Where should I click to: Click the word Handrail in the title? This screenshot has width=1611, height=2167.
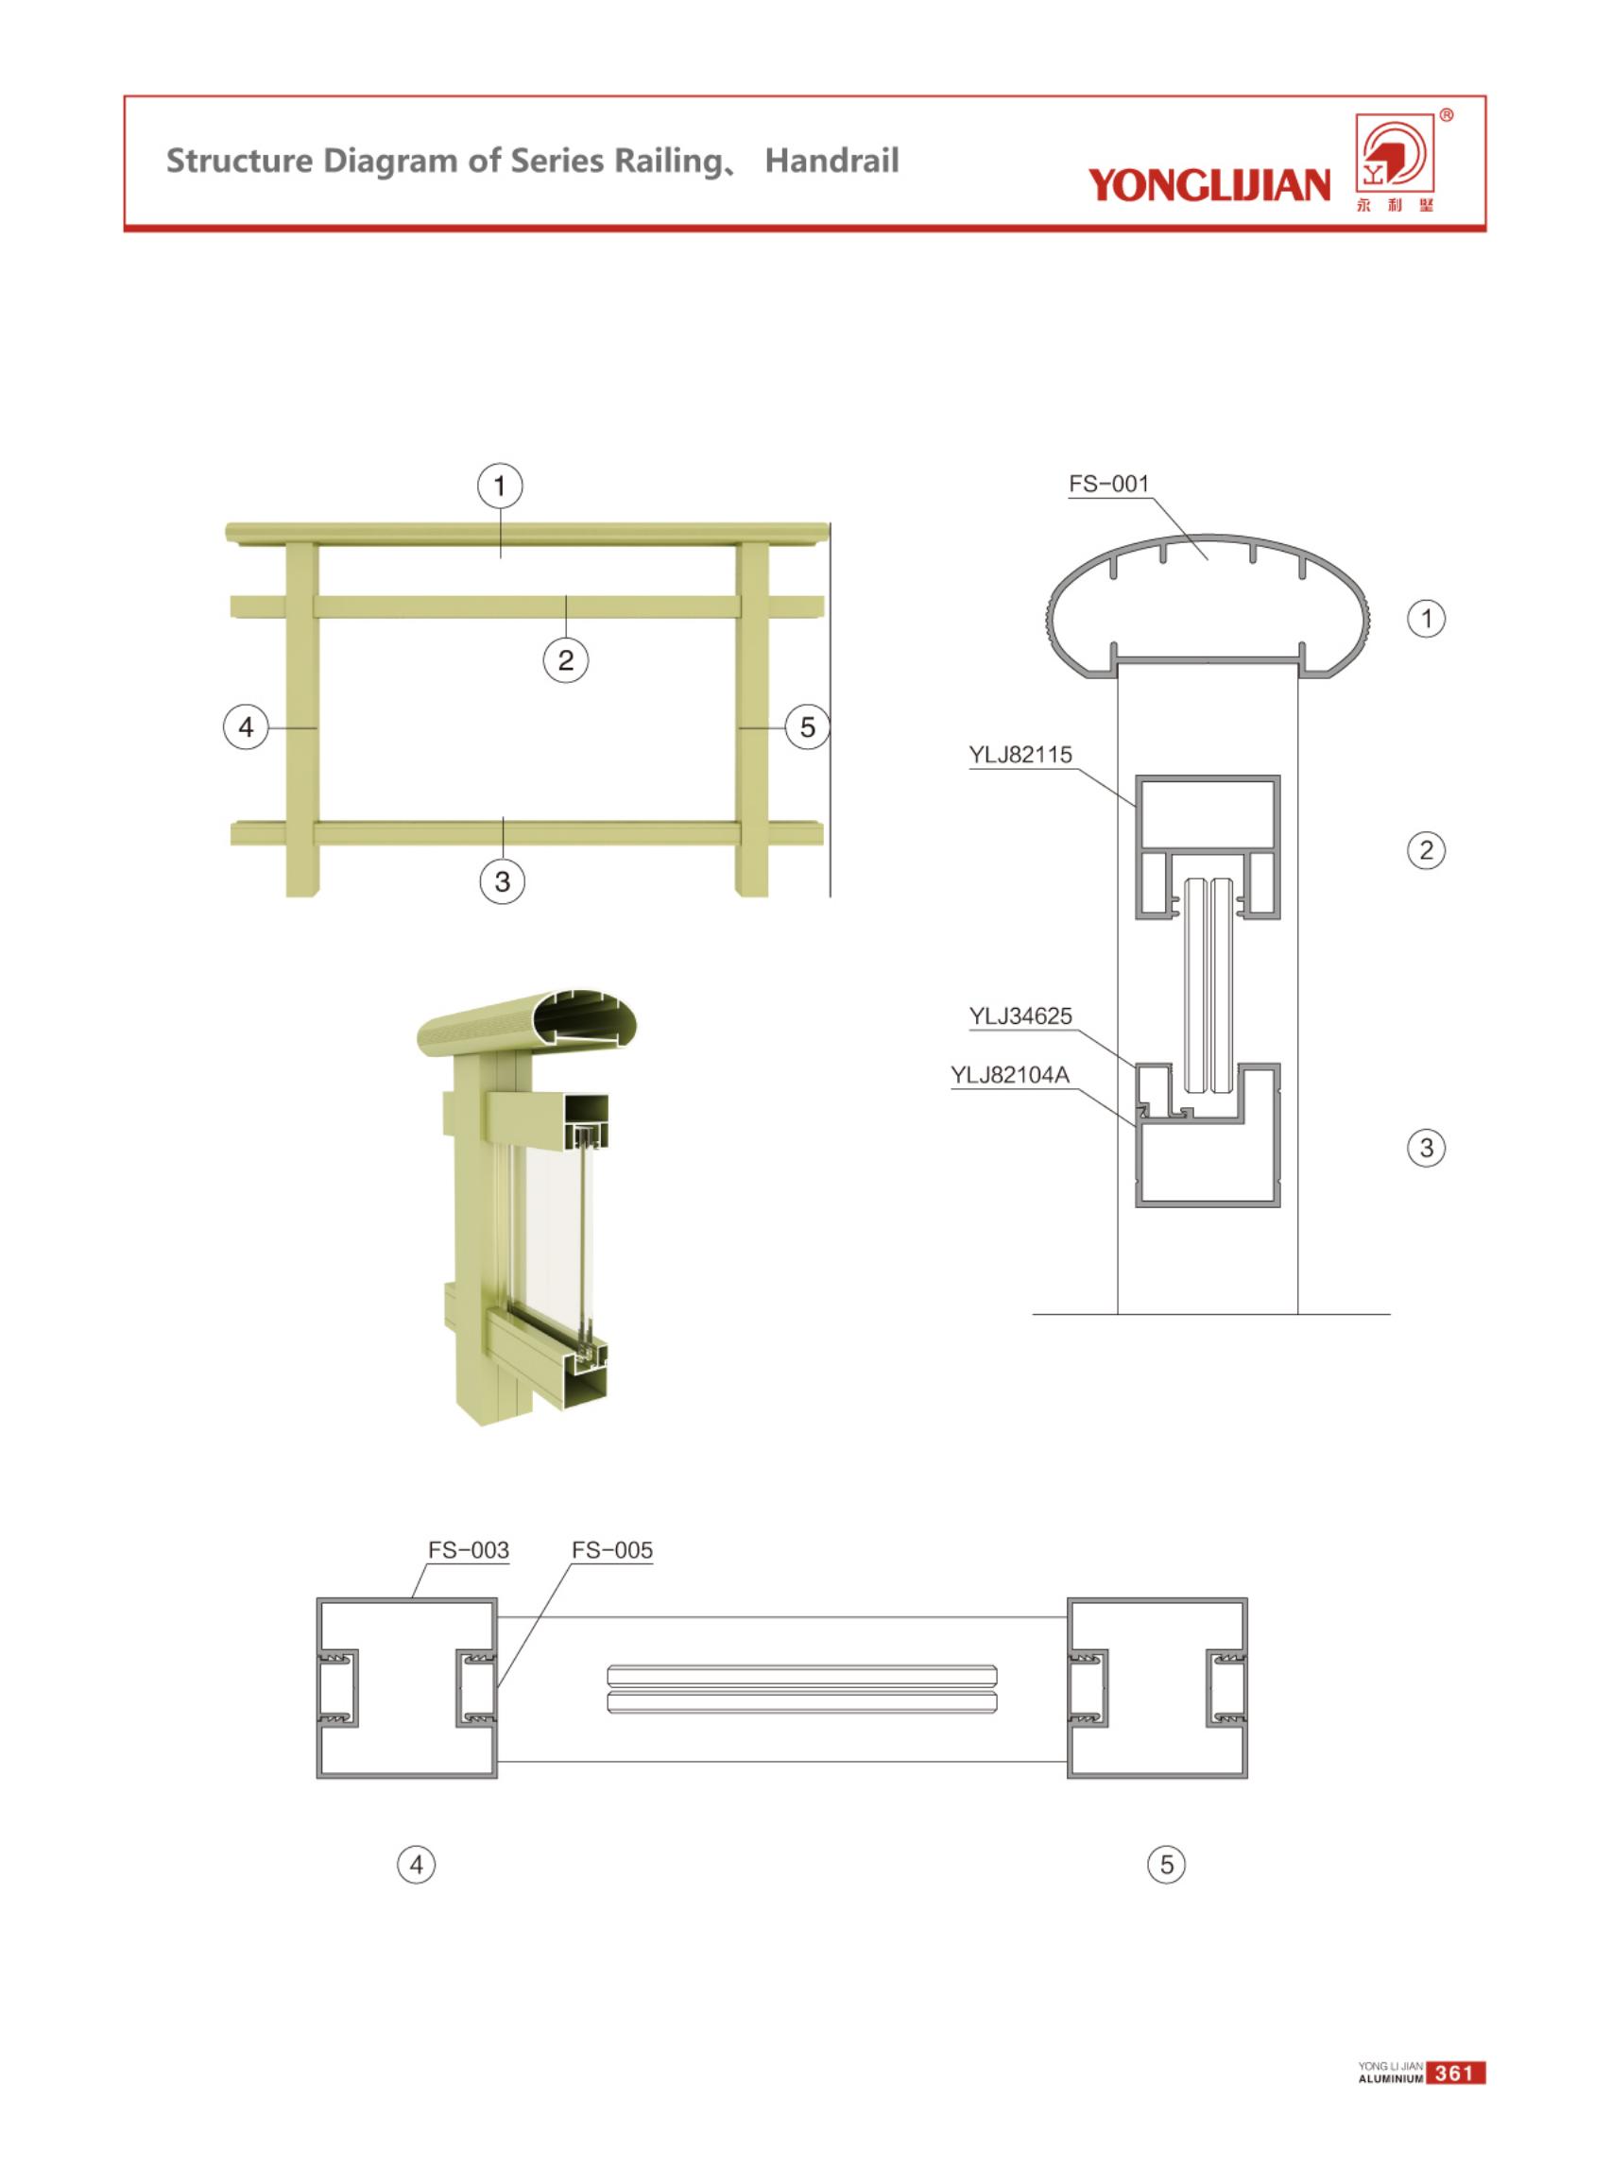(831, 161)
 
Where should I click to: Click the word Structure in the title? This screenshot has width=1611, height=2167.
(240, 161)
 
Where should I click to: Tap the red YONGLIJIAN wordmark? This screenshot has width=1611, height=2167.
(1209, 184)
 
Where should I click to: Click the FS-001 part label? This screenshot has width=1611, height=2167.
(1108, 485)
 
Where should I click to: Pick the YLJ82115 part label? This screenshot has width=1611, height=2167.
(1020, 755)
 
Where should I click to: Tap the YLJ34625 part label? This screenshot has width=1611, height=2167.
(1020, 1015)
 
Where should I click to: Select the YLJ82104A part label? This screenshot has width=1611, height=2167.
(1010, 1075)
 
